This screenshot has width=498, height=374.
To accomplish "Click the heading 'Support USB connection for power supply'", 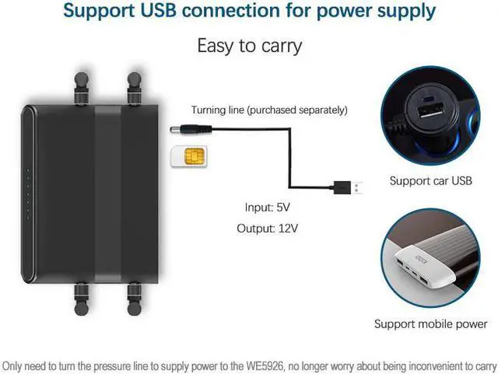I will pos(249,12).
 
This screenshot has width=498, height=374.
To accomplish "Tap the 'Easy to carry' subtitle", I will pos(249,46).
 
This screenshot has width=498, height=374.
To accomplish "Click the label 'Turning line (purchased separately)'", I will pos(270,110).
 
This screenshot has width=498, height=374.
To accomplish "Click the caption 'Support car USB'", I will pos(430,181).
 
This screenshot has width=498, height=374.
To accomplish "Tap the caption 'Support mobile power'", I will pos(430,323).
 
